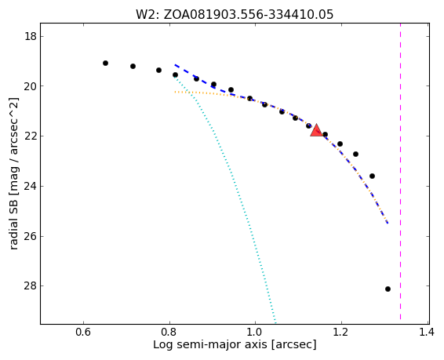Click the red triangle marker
(317, 130)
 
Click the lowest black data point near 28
(388, 289)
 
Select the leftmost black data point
(105, 63)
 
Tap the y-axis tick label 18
(30, 37)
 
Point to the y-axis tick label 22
(30, 136)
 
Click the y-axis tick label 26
(30, 236)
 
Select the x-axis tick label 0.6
(83, 332)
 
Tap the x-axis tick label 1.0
(256, 332)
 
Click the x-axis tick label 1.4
(427, 332)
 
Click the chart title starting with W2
(235, 14)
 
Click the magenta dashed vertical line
(400, 171)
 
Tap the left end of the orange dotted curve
(175, 92)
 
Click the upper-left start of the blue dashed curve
(175, 65)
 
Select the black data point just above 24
(372, 176)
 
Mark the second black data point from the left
(133, 66)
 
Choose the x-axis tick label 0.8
(169, 332)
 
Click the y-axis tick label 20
(30, 86)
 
